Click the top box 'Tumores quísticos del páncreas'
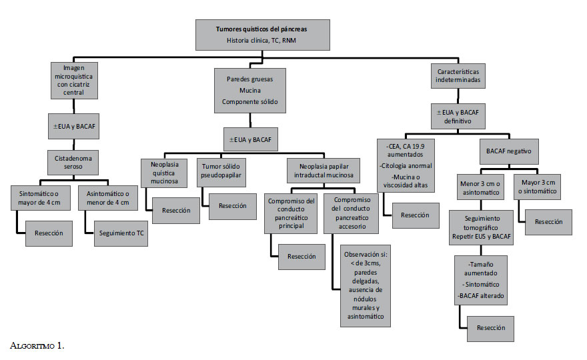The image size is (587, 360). (262, 35)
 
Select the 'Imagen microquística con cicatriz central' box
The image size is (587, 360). (74, 79)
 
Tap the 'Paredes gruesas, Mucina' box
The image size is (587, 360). (251, 89)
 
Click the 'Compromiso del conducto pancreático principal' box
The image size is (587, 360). (292, 213)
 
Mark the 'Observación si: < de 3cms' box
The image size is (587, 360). (364, 287)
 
